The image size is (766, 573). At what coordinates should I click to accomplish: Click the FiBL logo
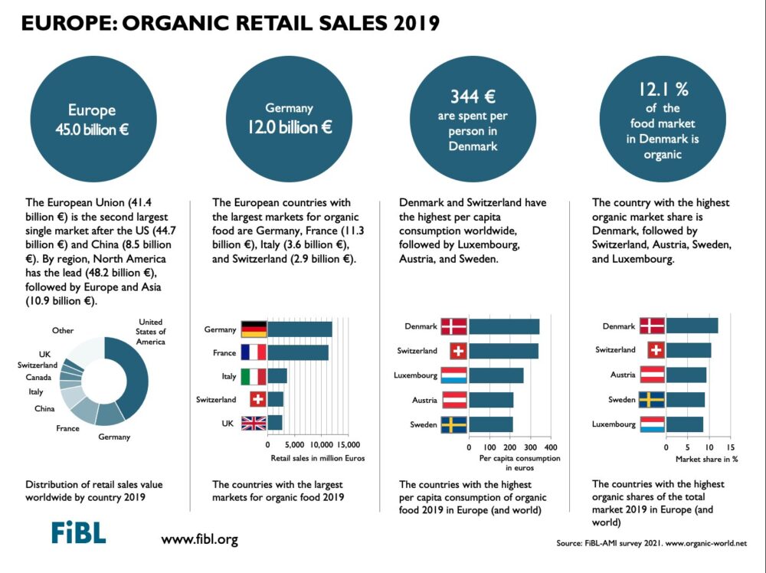click(x=78, y=532)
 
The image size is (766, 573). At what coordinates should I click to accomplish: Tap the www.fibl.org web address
click(x=199, y=539)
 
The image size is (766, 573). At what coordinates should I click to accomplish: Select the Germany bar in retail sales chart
click(x=300, y=329)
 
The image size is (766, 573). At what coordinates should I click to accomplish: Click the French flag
click(x=254, y=352)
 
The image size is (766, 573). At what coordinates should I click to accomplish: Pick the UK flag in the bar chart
click(x=254, y=423)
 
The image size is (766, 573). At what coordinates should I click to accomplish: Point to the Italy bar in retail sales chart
click(x=277, y=376)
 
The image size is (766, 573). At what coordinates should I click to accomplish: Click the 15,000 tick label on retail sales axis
click(x=348, y=444)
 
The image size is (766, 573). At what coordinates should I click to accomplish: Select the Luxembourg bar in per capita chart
click(x=496, y=375)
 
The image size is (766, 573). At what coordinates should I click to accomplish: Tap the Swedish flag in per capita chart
click(x=453, y=424)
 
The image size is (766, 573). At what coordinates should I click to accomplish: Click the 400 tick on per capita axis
click(x=550, y=446)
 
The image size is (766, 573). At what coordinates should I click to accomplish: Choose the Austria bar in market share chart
click(x=686, y=375)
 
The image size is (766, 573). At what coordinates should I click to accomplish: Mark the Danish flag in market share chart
click(x=651, y=326)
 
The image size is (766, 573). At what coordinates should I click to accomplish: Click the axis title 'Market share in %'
click(x=706, y=459)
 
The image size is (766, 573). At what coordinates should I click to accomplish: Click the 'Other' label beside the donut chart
click(x=63, y=331)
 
